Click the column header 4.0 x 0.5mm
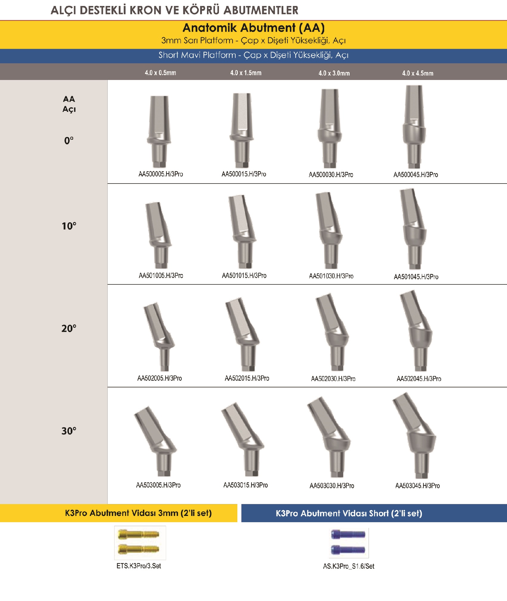pos(160,73)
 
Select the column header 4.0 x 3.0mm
pos(334,73)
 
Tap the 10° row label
pos(69,226)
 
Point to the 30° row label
pos(69,431)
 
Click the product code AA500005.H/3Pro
pos(161,174)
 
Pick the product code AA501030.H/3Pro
pos(331,276)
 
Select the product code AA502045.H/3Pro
pos(419,379)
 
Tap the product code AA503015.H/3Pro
pos(245,485)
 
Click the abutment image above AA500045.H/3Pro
pos(414,127)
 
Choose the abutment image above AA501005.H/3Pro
pos(158,235)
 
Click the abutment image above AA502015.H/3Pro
pos(242,334)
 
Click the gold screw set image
pos(140,543)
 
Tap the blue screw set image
pos(349,543)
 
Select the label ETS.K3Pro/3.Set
pos(139,566)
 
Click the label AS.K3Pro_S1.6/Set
pos(349,566)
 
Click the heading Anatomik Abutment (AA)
pos(253,28)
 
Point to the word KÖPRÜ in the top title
pos(201,10)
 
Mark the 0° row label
pos(69,140)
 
